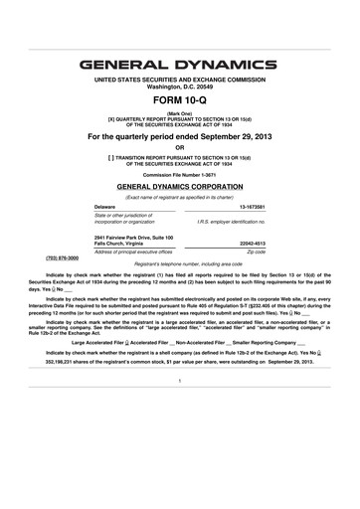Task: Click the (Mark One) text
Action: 179,113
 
